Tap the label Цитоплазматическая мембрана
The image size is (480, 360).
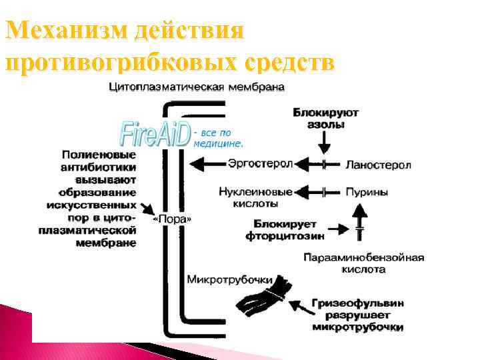[197, 87]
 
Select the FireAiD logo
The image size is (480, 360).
[155, 134]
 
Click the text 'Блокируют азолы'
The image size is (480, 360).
[325, 119]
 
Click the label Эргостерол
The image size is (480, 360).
[252, 163]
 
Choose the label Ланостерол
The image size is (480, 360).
[378, 164]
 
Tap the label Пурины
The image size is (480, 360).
[367, 191]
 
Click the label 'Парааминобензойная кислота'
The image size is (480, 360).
[363, 263]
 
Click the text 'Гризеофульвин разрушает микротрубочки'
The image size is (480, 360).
[357, 315]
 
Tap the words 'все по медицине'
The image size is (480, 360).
[220, 138]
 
